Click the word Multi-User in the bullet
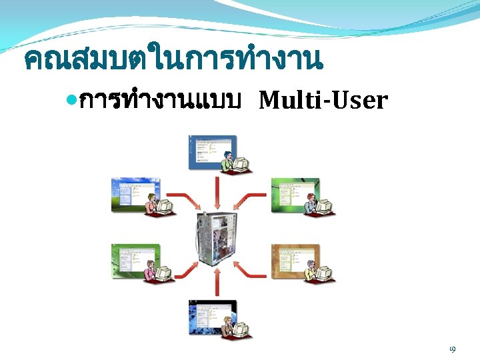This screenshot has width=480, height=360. tap(323, 101)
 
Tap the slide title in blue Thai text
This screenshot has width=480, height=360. tap(173, 61)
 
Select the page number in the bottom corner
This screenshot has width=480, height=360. tap(452, 349)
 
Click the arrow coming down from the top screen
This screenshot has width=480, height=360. tap(215, 193)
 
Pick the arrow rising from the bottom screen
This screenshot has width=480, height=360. tap(215, 283)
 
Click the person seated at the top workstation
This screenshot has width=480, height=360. tap(229, 163)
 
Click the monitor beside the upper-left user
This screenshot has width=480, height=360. tap(163, 205)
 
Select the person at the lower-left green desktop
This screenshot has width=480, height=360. tap(150, 271)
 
